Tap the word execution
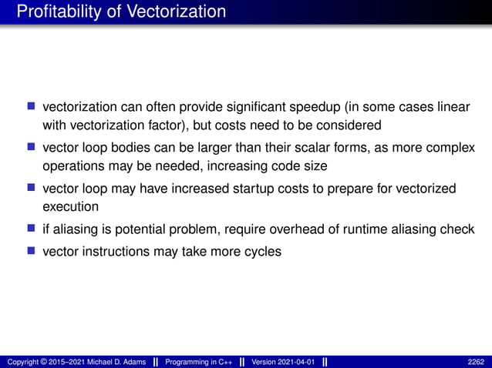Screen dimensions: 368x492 71,207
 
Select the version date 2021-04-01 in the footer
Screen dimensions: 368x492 296,362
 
